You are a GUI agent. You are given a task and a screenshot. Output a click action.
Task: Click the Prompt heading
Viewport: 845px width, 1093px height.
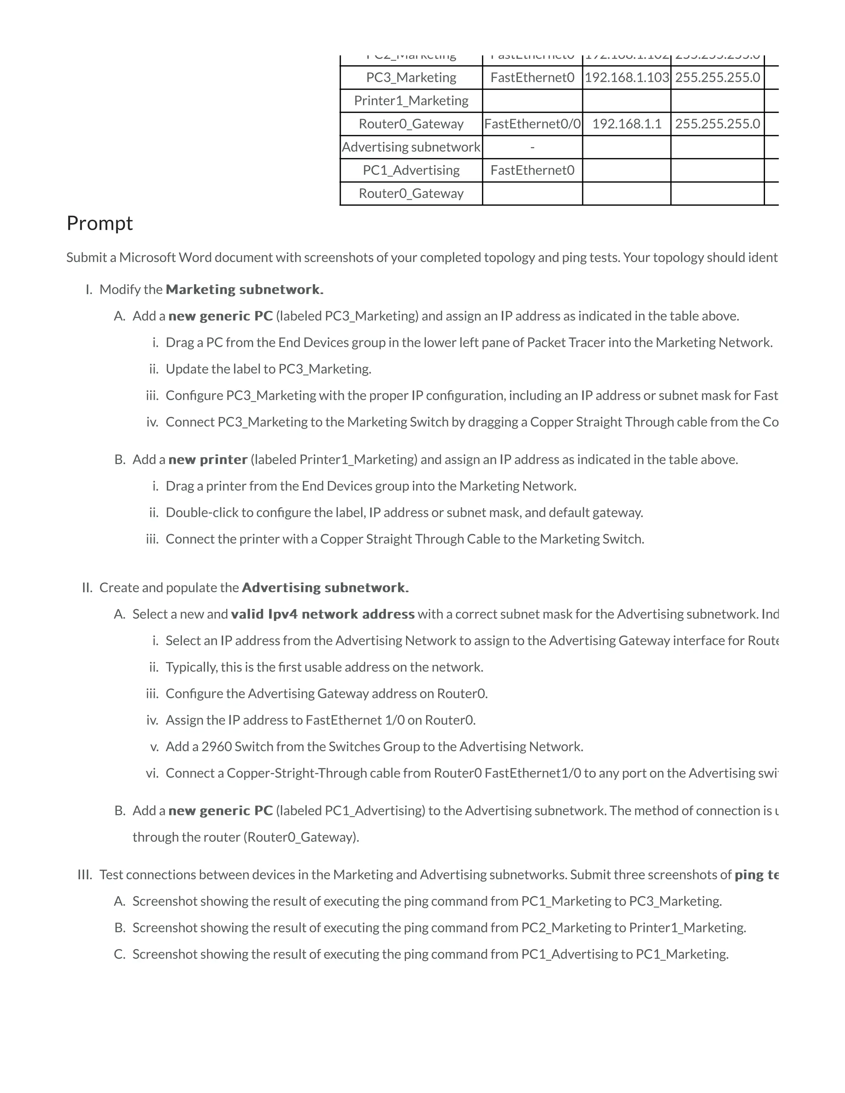click(99, 223)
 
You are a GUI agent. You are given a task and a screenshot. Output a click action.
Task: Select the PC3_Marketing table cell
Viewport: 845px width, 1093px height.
click(411, 78)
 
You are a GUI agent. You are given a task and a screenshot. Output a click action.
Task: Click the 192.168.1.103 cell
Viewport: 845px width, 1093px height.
click(627, 78)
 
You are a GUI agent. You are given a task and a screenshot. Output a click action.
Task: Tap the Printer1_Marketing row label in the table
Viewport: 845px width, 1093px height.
click(411, 101)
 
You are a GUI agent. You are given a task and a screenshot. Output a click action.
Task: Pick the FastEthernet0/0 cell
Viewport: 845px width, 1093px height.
click(532, 124)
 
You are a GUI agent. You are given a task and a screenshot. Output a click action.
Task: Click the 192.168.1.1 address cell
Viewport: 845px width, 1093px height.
click(627, 124)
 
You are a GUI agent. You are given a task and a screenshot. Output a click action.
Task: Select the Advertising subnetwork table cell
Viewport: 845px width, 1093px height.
click(411, 147)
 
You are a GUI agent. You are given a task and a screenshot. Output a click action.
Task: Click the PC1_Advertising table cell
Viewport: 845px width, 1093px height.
click(411, 170)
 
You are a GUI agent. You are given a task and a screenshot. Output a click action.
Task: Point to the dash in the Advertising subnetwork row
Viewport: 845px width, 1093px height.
click(532, 147)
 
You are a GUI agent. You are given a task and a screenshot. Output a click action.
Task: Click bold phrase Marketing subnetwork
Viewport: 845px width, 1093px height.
click(244, 290)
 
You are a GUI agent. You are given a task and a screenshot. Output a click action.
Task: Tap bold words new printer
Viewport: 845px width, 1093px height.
click(208, 459)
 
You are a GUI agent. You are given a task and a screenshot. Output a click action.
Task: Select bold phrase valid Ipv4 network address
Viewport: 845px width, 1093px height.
click(322, 614)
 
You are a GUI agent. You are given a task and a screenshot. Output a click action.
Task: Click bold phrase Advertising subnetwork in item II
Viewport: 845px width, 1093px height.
click(325, 587)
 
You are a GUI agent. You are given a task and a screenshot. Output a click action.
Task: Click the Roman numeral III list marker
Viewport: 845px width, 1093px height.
click(85, 875)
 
